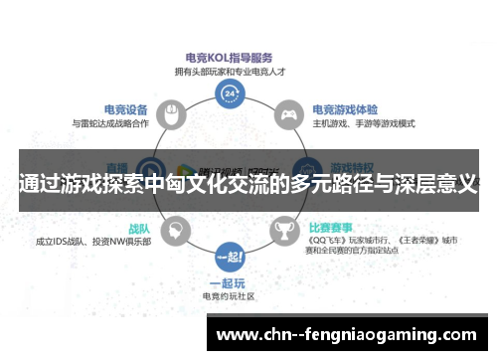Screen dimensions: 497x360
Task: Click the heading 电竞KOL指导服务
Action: [x=231, y=58]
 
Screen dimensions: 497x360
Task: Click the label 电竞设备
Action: [x=126, y=109]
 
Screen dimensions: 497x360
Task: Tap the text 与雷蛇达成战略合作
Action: [x=111, y=123]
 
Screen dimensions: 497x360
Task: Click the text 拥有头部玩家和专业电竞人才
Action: [x=231, y=71]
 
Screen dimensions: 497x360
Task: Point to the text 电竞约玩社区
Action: [x=231, y=295]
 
